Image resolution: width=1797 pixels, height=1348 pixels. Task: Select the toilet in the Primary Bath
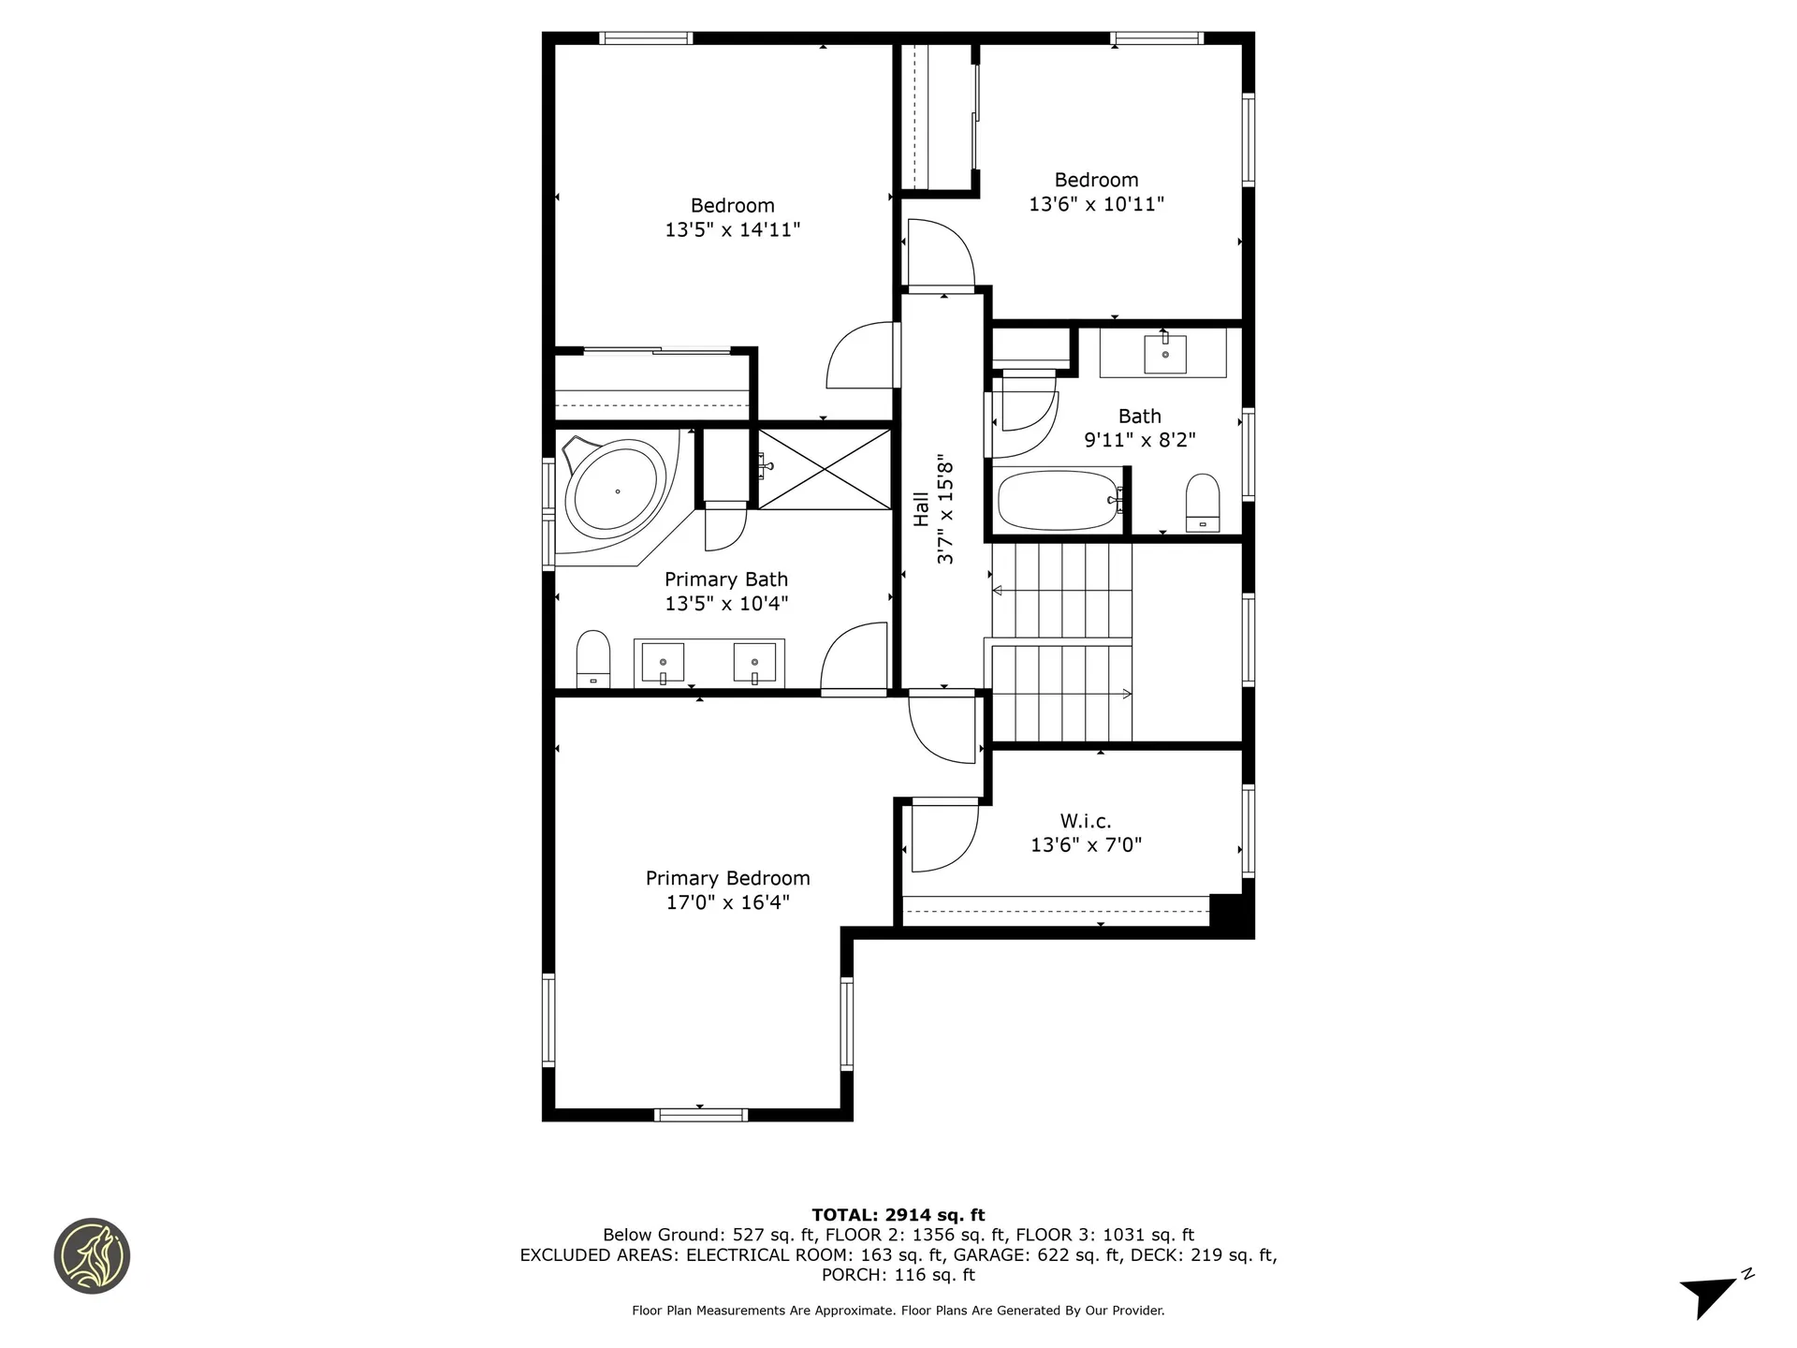(592, 659)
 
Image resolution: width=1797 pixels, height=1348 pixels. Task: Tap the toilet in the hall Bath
(1203, 503)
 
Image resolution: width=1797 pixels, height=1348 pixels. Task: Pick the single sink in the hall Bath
(1164, 354)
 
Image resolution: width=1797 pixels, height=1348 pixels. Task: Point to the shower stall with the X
(824, 469)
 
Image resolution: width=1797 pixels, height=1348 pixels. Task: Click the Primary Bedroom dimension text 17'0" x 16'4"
(727, 902)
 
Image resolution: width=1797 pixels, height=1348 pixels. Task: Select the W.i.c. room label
(1086, 821)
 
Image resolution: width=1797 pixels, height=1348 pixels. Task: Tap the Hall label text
(922, 509)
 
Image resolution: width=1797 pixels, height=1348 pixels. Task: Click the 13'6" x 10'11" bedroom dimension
(1096, 204)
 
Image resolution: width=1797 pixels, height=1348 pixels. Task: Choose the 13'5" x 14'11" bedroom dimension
(732, 229)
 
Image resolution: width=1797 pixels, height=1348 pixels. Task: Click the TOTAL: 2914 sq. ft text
(898, 1215)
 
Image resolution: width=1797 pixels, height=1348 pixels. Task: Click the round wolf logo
(92, 1256)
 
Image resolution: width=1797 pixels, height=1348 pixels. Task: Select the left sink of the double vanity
(663, 662)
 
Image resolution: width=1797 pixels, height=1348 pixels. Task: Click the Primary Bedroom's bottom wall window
(700, 1114)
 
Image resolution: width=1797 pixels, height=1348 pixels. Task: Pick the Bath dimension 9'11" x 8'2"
(1139, 440)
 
